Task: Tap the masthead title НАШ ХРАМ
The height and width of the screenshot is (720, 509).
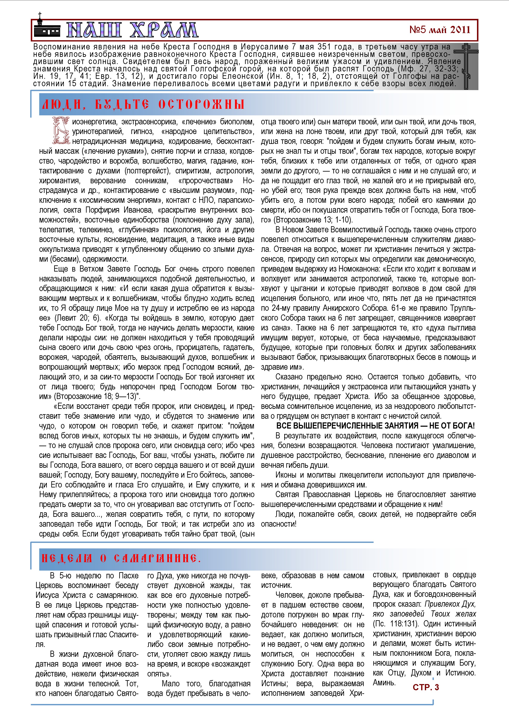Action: coord(132,30)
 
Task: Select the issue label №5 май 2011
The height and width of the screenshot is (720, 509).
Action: coord(440,30)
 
